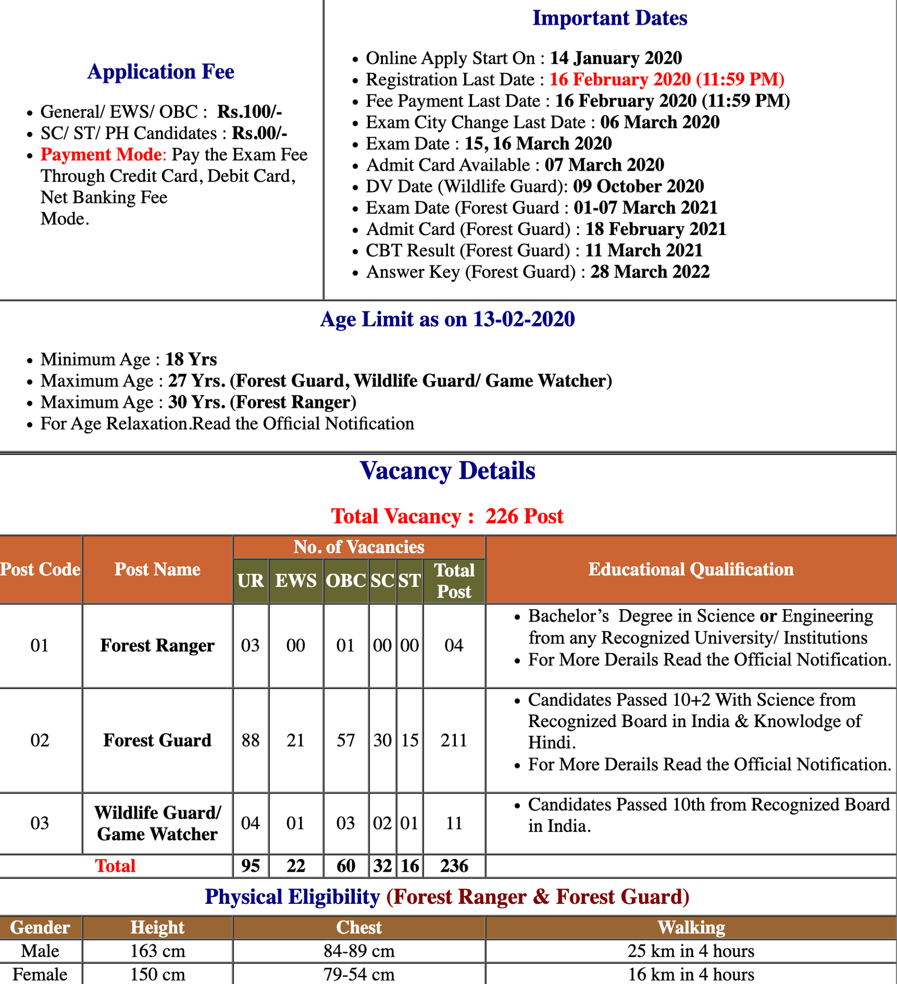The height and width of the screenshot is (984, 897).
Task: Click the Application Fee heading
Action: (x=161, y=72)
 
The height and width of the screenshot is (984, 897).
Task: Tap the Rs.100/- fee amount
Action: (x=249, y=112)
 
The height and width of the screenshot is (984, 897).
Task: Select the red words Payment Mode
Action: (x=103, y=154)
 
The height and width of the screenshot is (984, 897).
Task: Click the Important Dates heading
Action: (x=609, y=18)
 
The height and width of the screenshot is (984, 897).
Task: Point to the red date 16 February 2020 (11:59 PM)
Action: (x=667, y=79)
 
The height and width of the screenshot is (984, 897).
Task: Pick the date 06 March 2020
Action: (x=660, y=122)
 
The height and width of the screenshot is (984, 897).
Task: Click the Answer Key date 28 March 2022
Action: (x=650, y=272)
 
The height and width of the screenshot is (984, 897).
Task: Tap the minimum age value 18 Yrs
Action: (x=191, y=359)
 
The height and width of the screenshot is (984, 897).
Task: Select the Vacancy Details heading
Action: (x=447, y=471)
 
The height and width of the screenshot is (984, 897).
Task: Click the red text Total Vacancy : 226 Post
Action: (x=447, y=516)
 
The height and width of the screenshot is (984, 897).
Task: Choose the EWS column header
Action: (x=295, y=581)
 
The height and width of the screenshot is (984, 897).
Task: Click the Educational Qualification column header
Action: (x=691, y=569)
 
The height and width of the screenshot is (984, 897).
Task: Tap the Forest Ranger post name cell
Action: (x=158, y=646)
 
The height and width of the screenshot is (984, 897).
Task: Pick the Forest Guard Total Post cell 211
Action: (x=454, y=740)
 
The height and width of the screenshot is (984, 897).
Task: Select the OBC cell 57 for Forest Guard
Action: (x=346, y=740)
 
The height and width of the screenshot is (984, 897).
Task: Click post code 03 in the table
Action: (x=40, y=823)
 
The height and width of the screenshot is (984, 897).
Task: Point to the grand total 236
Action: (x=454, y=866)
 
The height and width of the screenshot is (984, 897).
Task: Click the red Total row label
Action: (x=115, y=866)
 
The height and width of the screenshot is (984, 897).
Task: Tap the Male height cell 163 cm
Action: (x=158, y=951)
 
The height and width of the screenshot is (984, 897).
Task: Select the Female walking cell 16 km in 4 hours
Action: (x=691, y=974)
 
